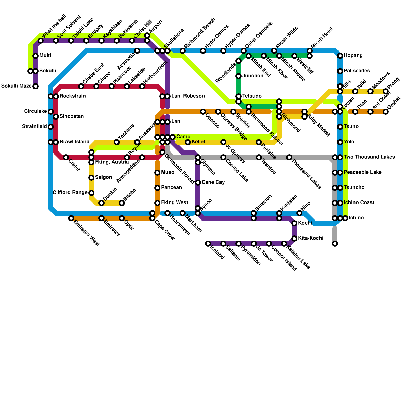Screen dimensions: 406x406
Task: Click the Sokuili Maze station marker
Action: pyautogui.click(x=36, y=86)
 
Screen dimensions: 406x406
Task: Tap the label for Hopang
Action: pyautogui.click(x=353, y=56)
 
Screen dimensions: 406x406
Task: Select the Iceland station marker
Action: pyautogui.click(x=208, y=244)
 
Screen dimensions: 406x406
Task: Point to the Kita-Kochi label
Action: pyautogui.click(x=311, y=238)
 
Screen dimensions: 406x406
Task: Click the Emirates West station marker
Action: pyautogui.click(x=71, y=218)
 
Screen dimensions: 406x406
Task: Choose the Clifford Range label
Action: pyautogui.click(x=70, y=193)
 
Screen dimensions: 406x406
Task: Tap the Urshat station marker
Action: pyautogui.click(x=386, y=112)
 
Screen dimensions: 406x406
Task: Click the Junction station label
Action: pyautogui.click(x=253, y=76)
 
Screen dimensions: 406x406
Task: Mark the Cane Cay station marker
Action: pyautogui.click(x=198, y=183)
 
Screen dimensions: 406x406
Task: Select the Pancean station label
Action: pyautogui.click(x=172, y=188)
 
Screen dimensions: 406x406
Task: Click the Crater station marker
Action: pyautogui.click(x=66, y=157)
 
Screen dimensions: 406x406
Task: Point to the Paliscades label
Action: pyautogui.click(x=357, y=71)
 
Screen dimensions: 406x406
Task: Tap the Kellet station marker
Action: pyautogui.click(x=188, y=142)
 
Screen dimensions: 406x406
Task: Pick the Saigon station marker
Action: pyautogui.click(x=91, y=178)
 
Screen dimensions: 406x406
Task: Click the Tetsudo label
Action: pyautogui.click(x=252, y=96)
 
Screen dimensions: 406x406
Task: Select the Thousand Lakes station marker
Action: pyautogui.click(x=289, y=157)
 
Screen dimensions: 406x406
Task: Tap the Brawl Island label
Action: pyautogui.click(x=75, y=142)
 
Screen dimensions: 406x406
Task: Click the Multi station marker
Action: pyautogui.click(x=36, y=56)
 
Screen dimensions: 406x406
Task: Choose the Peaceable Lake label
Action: pyautogui.click(x=363, y=172)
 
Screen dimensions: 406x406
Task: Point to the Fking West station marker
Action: pyautogui.click(x=157, y=203)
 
